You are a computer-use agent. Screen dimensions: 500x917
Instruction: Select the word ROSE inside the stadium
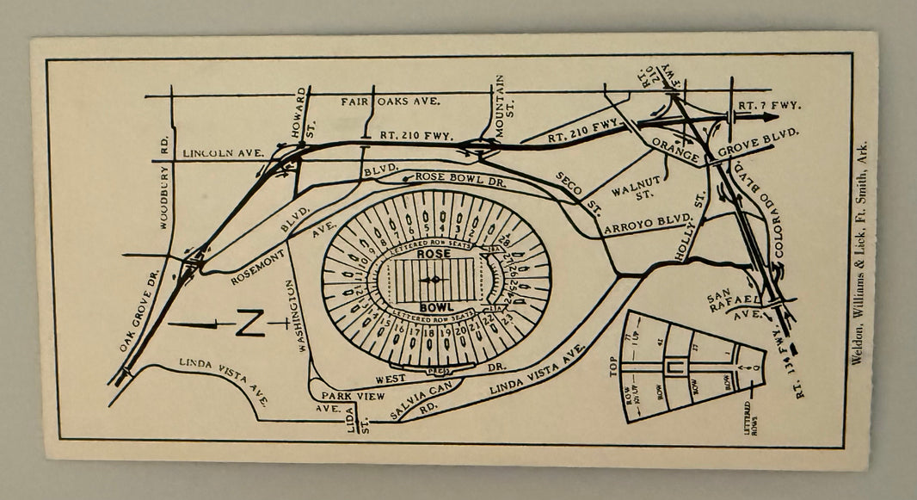(434, 255)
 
